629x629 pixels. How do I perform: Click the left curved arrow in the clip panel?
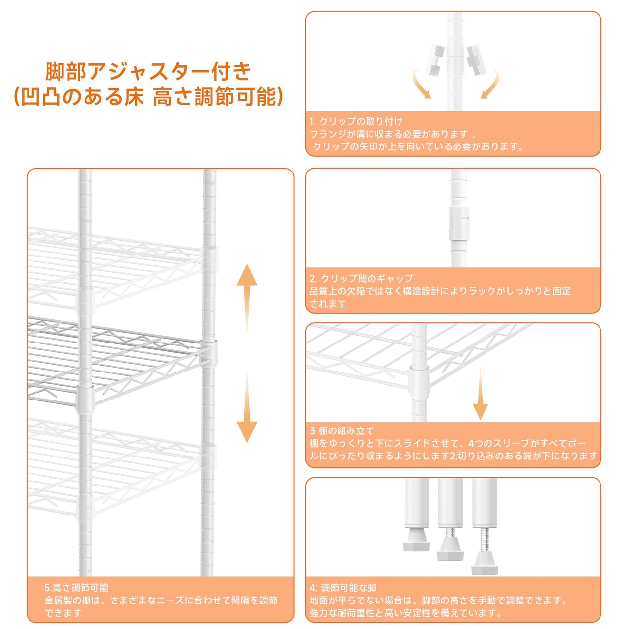422,85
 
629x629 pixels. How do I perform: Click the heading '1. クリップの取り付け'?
356,121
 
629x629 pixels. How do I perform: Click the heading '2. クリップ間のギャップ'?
361,278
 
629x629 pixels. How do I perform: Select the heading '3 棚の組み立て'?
342,431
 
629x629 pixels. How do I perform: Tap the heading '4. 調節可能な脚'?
343,588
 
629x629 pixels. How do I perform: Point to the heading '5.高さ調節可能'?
76,588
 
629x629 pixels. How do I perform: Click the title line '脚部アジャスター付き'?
148,72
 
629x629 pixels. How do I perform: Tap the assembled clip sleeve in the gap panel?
457,223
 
